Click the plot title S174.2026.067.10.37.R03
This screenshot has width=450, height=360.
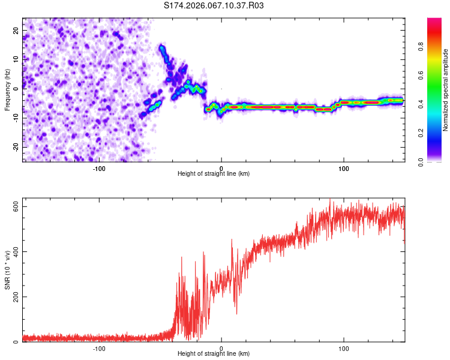pos(214,5)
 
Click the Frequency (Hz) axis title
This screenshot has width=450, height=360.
pos(7,89)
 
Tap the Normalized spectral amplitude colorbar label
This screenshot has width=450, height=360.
pos(446,90)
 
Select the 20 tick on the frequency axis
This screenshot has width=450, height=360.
pos(16,30)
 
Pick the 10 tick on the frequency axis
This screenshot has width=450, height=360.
pos(16,59)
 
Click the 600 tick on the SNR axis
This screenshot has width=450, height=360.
pos(14,206)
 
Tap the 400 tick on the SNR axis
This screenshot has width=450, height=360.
pos(14,251)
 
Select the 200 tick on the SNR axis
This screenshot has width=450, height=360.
pos(14,297)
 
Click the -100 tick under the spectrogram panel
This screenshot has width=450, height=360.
pos(99,168)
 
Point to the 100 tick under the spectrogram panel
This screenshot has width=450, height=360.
pos(344,168)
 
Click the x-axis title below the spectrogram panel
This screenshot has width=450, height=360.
pos(214,174)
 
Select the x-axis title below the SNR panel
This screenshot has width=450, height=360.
pos(214,354)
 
